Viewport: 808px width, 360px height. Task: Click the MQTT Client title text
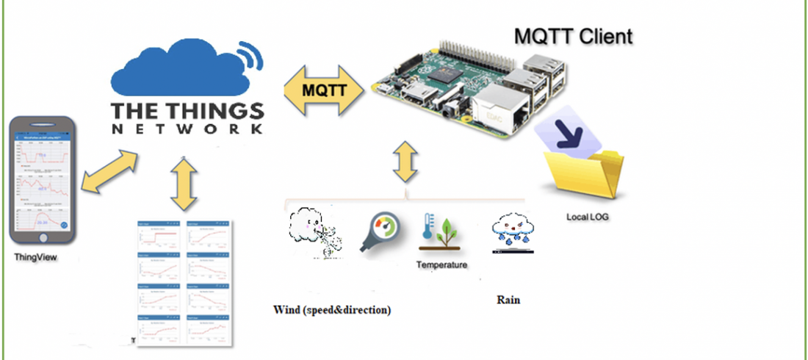point(573,35)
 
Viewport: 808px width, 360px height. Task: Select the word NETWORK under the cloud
point(187,129)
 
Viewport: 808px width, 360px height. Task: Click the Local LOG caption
point(588,217)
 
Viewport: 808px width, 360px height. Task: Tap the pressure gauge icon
point(379,231)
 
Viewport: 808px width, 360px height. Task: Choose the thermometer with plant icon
point(441,231)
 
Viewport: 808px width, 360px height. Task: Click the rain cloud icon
point(512,231)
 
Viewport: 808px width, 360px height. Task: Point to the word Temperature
point(441,264)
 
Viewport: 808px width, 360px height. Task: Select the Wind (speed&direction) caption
point(331,310)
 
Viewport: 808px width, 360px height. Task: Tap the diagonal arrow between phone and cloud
point(109,172)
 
